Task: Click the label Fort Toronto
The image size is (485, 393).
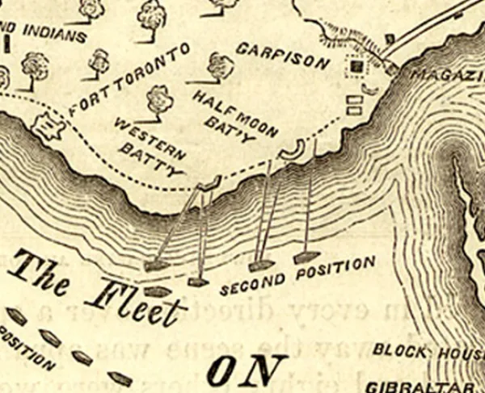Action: [x=129, y=79]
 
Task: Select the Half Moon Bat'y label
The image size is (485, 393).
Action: [x=235, y=114]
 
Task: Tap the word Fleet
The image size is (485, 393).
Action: [x=133, y=302]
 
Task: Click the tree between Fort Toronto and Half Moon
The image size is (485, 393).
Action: [x=160, y=100]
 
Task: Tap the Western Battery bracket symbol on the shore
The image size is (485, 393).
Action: [x=209, y=185]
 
